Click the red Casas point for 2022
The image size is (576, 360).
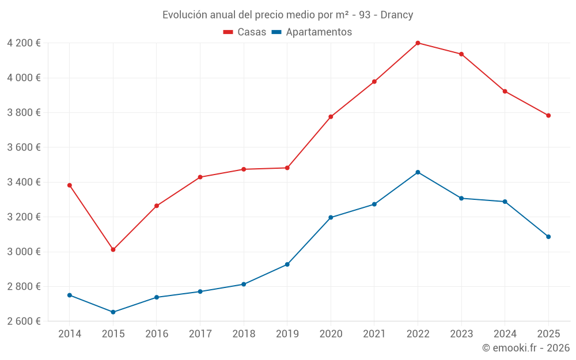(x=418, y=43)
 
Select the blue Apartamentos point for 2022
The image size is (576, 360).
(x=418, y=172)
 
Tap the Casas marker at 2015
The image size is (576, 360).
(x=113, y=250)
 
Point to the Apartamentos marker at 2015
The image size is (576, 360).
(x=113, y=312)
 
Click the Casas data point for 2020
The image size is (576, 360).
(x=331, y=117)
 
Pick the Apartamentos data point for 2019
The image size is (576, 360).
(x=287, y=264)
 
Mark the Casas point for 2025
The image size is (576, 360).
(x=548, y=116)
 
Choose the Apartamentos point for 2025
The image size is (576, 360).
(x=548, y=237)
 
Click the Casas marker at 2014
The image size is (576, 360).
(x=70, y=185)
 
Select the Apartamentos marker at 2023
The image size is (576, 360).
(x=461, y=198)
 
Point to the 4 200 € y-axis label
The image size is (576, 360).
(x=24, y=43)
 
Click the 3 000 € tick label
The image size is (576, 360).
(x=24, y=252)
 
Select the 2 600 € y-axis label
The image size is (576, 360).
(x=24, y=321)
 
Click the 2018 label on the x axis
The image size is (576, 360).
(x=244, y=334)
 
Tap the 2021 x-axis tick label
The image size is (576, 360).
(x=374, y=334)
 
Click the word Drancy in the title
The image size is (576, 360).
(x=397, y=15)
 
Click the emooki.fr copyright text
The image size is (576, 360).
(x=525, y=348)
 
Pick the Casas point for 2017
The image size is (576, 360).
(x=200, y=177)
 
